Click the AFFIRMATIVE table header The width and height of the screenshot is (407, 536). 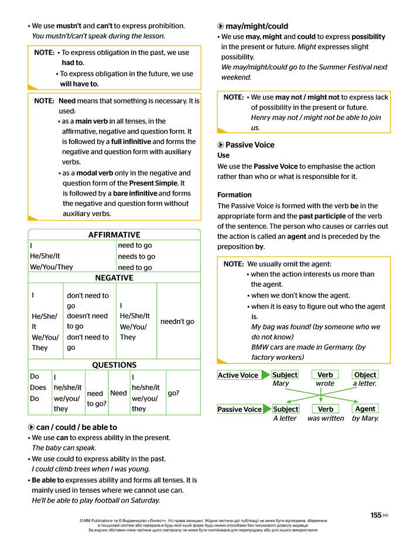pyautogui.click(x=114, y=235)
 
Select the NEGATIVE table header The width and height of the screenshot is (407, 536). pyautogui.click(x=114, y=277)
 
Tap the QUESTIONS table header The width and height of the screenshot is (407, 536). pyautogui.click(x=114, y=365)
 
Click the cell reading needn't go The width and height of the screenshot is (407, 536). pyautogui.click(x=177, y=321)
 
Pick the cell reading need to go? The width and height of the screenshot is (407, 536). pyautogui.click(x=97, y=398)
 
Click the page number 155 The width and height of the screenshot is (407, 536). pyautogui.click(x=376, y=515)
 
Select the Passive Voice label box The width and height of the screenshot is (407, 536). pyautogui.click(x=240, y=409)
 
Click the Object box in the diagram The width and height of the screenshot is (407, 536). pyautogui.click(x=365, y=374)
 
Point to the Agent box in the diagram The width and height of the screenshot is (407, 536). pyautogui.click(x=365, y=408)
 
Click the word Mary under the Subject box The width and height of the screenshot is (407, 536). pyautogui.click(x=281, y=384)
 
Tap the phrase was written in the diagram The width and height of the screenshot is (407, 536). pyautogui.click(x=326, y=418)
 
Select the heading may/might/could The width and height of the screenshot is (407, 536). pyautogui.click(x=248, y=26)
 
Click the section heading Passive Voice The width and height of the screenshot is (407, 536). pyautogui.click(x=249, y=145)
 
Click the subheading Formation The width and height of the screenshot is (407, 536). pyautogui.click(x=234, y=195)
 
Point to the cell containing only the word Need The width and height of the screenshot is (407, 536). pyautogui.click(x=118, y=393)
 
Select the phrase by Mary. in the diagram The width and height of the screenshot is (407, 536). pyautogui.click(x=365, y=418)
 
